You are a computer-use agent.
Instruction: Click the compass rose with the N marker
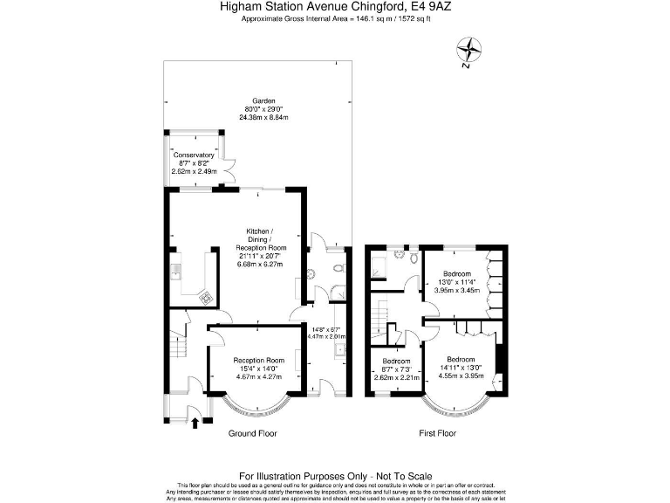pos(470,52)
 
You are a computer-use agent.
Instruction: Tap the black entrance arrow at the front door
pos(195,424)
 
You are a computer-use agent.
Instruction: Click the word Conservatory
pos(193,155)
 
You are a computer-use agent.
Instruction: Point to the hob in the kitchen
pos(206,297)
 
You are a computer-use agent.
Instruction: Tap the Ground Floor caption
pos(253,433)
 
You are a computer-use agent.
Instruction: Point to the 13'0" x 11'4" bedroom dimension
pos(458,282)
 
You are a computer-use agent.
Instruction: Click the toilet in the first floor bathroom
pos(411,257)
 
